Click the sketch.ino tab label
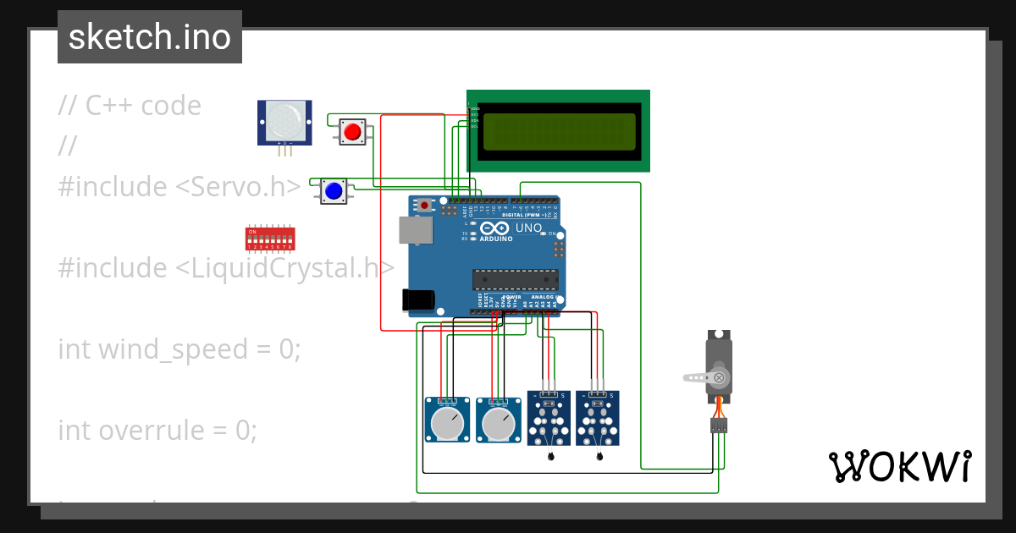tap(150, 37)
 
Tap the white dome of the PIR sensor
tap(284, 120)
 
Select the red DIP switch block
tap(270, 238)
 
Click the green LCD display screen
tap(558, 131)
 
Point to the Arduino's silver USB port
tap(415, 229)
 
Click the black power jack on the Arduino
tap(418, 299)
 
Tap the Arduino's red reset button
tap(424, 206)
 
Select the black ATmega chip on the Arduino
tap(515, 279)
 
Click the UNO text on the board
tap(528, 228)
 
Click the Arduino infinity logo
tap(494, 228)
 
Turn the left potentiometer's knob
tap(446, 423)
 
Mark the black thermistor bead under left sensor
tap(551, 457)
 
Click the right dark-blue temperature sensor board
tap(598, 418)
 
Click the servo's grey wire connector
tap(719, 426)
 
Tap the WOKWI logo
tap(899, 467)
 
